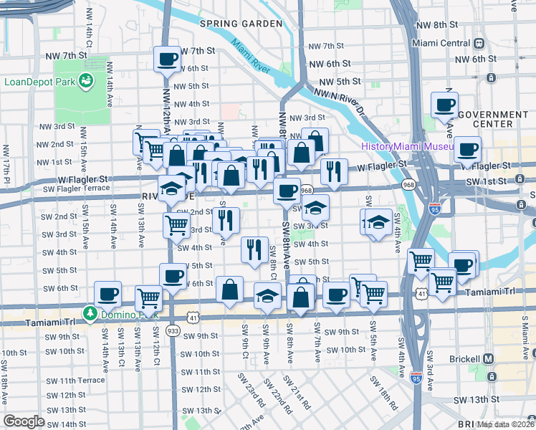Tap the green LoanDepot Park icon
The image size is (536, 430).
click(x=87, y=81)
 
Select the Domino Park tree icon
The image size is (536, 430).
click(x=90, y=314)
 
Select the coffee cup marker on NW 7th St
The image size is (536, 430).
click(x=167, y=59)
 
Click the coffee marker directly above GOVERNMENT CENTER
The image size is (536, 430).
click(x=444, y=105)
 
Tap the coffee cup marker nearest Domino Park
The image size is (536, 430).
click(x=108, y=293)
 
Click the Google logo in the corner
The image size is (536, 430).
click(x=24, y=421)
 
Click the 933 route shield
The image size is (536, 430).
click(x=173, y=331)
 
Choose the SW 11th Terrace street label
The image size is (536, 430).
click(x=72, y=380)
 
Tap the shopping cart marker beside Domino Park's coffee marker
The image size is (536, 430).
click(x=148, y=297)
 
